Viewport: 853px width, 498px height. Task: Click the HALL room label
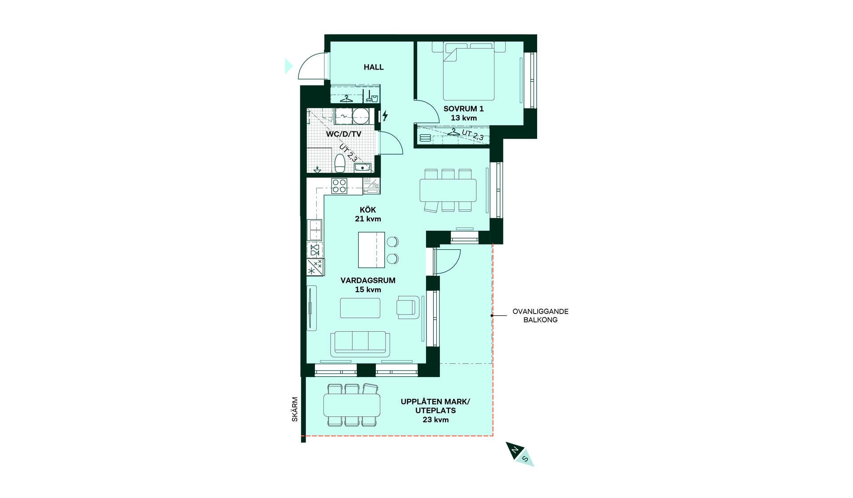[x=374, y=67]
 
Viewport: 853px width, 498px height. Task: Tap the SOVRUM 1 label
[x=463, y=108]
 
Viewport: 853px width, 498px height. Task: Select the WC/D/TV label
[x=343, y=134]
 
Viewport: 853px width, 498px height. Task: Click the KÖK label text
[x=368, y=210]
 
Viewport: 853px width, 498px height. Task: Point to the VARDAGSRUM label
[x=368, y=281]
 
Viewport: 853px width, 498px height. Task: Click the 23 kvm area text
[x=435, y=420]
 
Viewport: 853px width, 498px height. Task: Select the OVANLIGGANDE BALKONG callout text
[x=540, y=316]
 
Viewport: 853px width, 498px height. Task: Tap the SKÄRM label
[x=295, y=410]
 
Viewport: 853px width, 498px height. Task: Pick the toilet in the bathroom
[x=340, y=163]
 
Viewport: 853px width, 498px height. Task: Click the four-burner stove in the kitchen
[x=339, y=186]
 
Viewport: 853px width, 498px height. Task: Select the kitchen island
[x=371, y=250]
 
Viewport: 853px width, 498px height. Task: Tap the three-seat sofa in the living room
[x=360, y=344]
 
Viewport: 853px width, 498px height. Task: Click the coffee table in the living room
[x=360, y=308]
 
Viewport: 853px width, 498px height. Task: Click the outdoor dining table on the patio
[x=352, y=405]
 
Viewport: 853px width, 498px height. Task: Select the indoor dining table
[x=448, y=190]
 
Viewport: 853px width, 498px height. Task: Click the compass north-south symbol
[x=520, y=454]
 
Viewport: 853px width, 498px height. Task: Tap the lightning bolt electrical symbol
[x=385, y=116]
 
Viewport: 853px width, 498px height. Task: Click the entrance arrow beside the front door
[x=289, y=66]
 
